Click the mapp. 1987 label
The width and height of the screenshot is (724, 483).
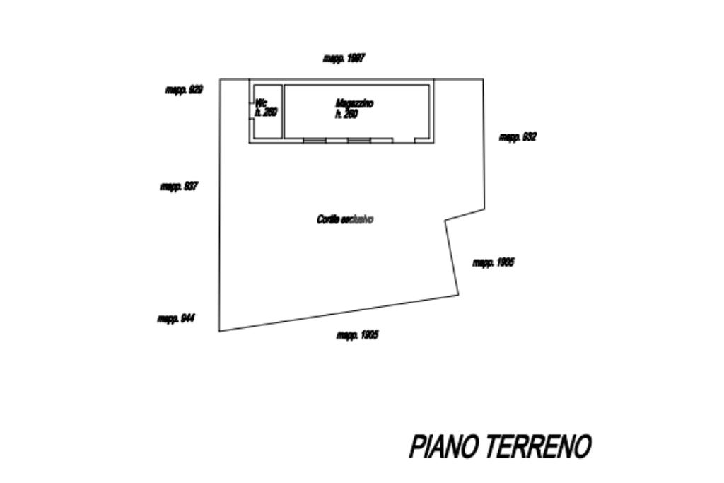(344, 59)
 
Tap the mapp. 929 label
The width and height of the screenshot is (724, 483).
(184, 90)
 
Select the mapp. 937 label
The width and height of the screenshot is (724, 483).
(179, 187)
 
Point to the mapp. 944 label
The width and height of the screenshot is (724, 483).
(175, 319)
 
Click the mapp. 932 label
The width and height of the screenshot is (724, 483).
(518, 137)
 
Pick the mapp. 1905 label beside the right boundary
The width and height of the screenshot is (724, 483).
(493, 262)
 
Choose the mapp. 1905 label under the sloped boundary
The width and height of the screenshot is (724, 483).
(356, 335)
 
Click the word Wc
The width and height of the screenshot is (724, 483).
(260, 103)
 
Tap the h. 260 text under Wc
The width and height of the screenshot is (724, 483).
(266, 112)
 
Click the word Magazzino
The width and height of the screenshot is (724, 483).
(354, 104)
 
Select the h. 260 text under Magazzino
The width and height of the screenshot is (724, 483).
(346, 114)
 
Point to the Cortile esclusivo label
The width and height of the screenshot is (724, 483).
(344, 220)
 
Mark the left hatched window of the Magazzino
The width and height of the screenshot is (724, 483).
(315, 140)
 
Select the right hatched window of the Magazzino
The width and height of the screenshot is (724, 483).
(358, 140)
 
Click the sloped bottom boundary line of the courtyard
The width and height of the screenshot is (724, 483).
(339, 313)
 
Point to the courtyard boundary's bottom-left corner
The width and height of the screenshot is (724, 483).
(219, 330)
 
